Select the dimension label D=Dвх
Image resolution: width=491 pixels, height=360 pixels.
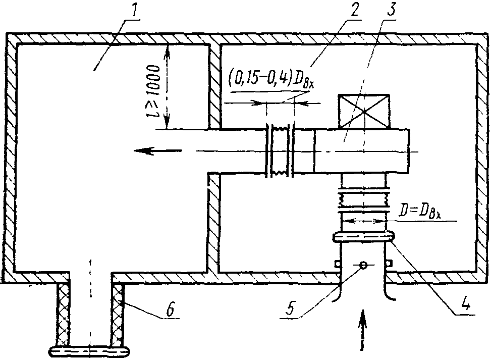[x=420, y=212]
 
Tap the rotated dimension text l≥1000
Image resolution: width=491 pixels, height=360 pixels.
[x=152, y=91]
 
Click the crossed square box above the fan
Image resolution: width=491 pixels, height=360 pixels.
[x=363, y=111]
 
